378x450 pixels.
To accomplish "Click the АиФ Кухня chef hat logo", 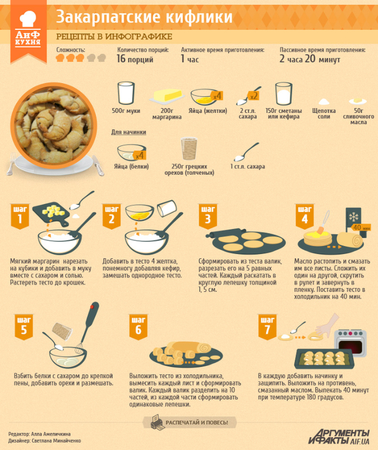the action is [28, 19].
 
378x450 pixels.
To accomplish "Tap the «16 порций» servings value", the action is [135, 59].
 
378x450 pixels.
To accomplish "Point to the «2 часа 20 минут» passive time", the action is [310, 59].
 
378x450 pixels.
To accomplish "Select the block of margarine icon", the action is [167, 95].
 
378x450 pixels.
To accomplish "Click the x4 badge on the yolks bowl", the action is [217, 96].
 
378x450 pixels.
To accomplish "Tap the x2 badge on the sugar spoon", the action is [254, 96].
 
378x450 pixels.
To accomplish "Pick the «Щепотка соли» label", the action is [324, 113].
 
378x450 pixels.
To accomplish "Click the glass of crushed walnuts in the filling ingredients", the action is [189, 148].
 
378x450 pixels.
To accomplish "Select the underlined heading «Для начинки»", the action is [129, 132].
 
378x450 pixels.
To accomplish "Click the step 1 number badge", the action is [20, 216].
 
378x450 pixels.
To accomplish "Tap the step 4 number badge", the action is [305, 216].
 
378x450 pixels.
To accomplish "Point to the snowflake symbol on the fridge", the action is [353, 217].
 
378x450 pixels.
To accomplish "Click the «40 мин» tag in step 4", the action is [360, 227].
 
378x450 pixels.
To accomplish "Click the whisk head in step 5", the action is [79, 348].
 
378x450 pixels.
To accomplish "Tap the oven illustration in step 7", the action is [350, 343].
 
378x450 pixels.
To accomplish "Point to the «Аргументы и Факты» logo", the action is [339, 436].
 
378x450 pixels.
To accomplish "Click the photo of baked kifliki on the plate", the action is [53, 126].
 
